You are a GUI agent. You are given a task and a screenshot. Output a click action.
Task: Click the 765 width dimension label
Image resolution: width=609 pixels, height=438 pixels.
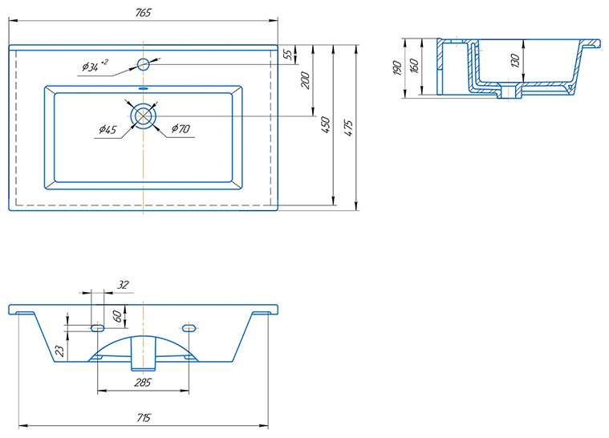143,12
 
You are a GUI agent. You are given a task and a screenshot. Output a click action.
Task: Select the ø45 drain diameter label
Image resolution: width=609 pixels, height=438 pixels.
108,129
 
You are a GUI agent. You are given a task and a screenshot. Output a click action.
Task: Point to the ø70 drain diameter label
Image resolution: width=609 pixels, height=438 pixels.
181,128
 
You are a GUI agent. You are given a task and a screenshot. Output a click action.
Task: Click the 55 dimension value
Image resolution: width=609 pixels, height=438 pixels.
288,55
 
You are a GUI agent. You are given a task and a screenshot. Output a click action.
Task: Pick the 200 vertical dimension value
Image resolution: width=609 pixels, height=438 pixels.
306,80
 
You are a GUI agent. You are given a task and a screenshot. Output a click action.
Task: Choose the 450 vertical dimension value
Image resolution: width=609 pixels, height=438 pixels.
326,125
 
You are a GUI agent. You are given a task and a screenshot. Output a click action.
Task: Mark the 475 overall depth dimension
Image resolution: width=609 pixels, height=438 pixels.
348,128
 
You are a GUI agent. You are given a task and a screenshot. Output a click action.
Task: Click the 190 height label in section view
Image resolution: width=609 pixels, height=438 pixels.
396,67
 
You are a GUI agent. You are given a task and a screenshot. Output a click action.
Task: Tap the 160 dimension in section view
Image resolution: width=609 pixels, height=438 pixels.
414,66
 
